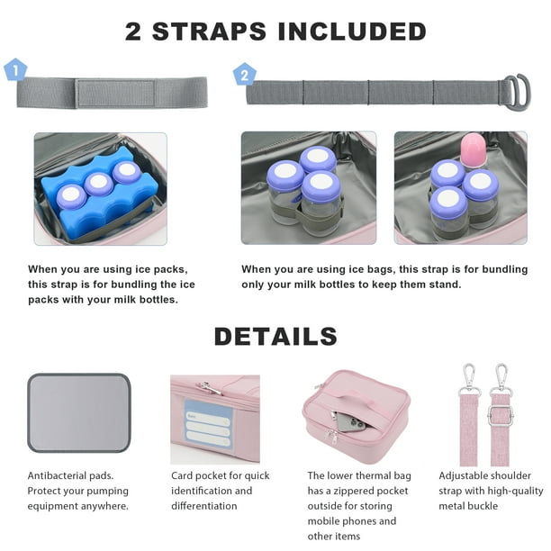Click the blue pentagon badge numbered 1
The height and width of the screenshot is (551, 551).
coord(15,70)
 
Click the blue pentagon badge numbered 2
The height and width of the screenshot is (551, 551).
coord(245,74)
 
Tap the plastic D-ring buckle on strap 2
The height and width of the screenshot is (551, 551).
coord(518,93)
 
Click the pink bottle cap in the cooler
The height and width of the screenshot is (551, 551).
coord(473,149)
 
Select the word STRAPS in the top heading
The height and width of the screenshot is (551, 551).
coord(209,32)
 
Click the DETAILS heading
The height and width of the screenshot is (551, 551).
coord(275,337)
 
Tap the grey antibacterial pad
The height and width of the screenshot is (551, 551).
coord(79,413)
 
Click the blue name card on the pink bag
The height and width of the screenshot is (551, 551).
coord(208,425)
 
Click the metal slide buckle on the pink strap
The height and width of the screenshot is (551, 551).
coord(501,415)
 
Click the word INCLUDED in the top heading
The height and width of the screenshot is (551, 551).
coord(352,32)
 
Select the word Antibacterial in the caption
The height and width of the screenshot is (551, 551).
coord(57,475)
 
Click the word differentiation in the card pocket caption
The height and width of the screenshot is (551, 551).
coord(204,506)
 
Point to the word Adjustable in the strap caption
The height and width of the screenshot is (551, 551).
coord(460,476)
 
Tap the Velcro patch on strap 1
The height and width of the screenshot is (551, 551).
coord(115,94)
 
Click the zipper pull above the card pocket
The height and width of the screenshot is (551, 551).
coord(210,388)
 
